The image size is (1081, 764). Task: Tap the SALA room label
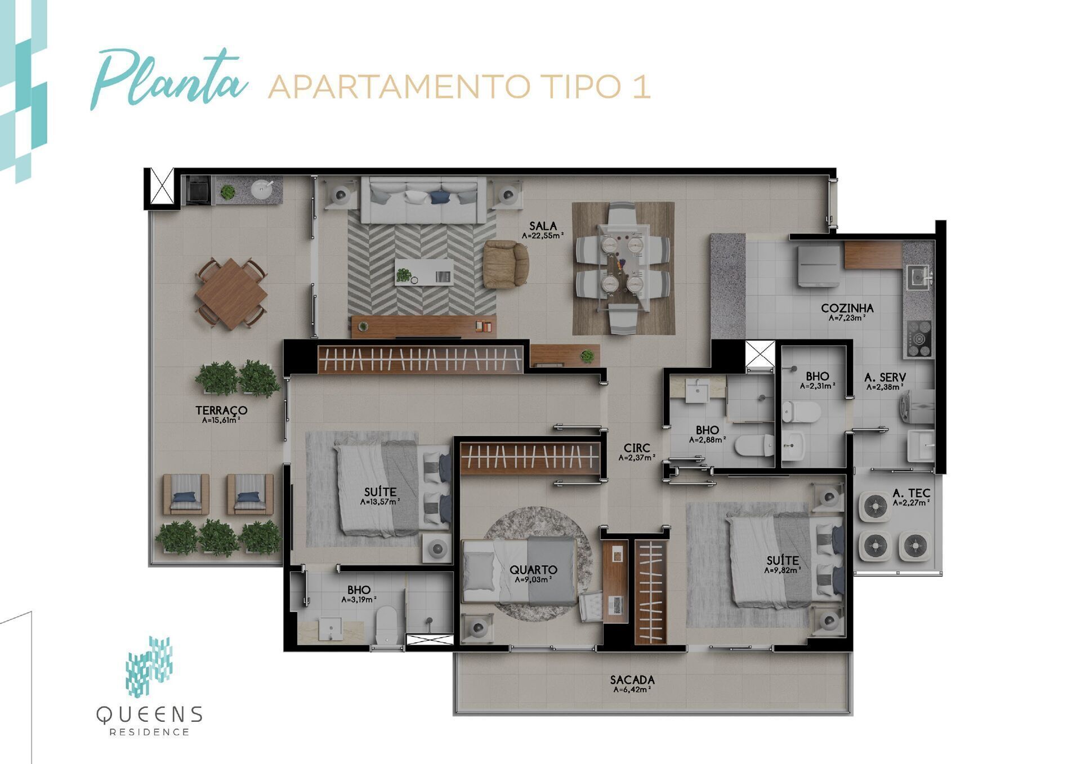click(x=543, y=226)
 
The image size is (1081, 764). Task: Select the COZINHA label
click(x=847, y=308)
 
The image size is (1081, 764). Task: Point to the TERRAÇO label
click(x=221, y=410)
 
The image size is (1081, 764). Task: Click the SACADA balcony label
click(x=632, y=680)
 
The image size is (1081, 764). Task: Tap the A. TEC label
click(x=911, y=494)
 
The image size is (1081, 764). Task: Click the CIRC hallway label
click(x=637, y=448)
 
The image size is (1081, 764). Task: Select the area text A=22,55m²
click(x=543, y=236)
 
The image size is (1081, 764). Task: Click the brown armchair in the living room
click(x=506, y=263)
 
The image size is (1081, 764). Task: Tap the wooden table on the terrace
click(x=231, y=293)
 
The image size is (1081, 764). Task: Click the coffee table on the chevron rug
click(x=423, y=272)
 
